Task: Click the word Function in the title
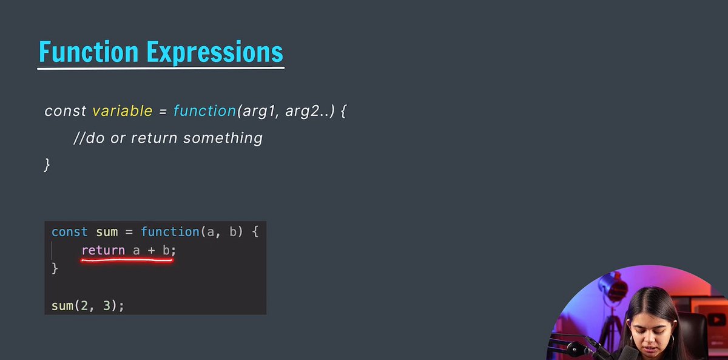pos(89,53)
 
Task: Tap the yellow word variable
pos(122,111)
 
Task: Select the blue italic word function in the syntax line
pos(204,111)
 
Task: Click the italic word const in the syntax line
pos(65,111)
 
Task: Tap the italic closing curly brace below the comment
pos(47,164)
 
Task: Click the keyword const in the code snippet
pos(69,232)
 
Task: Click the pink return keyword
pos(103,250)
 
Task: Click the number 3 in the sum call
pos(107,305)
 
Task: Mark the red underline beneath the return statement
pos(127,260)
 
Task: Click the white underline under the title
pos(161,67)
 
